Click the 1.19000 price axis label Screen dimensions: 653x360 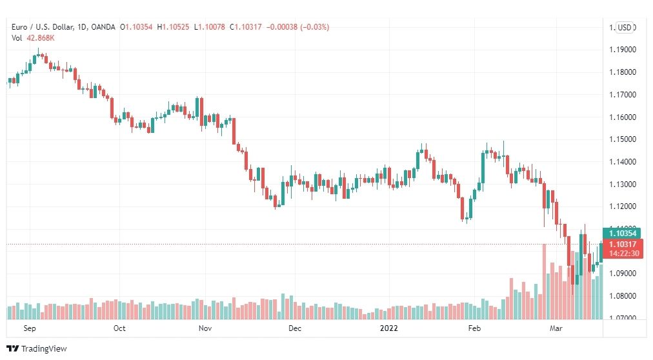click(x=623, y=50)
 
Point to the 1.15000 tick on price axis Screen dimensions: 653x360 click(x=623, y=139)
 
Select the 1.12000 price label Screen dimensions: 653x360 click(x=623, y=206)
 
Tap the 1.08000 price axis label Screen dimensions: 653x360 click(x=623, y=296)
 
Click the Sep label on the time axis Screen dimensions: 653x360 click(x=30, y=328)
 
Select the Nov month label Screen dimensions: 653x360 click(x=205, y=328)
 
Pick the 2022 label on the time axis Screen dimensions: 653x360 click(x=389, y=328)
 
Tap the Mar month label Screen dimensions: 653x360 click(x=556, y=328)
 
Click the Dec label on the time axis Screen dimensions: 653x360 click(x=295, y=328)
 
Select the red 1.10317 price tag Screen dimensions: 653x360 click(x=623, y=248)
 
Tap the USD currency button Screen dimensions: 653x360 click(x=625, y=28)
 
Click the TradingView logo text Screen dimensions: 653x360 click(x=44, y=349)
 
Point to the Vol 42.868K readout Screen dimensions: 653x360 click(x=33, y=38)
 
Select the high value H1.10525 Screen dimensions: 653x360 click(x=173, y=27)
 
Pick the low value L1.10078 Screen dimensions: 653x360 click(x=210, y=27)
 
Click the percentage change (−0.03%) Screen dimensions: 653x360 click(x=314, y=27)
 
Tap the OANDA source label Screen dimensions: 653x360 click(x=103, y=27)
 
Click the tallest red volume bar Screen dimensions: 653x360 click(x=544, y=282)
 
